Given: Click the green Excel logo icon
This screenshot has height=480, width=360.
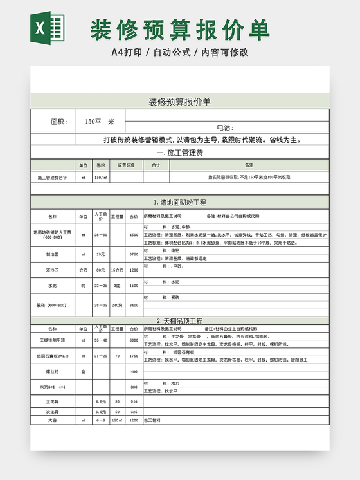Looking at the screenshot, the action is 48,29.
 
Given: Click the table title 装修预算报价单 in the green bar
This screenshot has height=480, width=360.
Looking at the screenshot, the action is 179,102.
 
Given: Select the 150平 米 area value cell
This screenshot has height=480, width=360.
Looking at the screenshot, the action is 99,122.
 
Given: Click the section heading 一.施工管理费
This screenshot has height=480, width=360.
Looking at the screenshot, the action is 179,152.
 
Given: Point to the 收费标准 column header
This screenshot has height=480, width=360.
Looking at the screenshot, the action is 126,165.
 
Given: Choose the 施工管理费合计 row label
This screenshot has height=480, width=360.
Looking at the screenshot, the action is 52,177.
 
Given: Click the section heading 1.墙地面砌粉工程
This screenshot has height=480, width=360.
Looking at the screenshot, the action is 179,203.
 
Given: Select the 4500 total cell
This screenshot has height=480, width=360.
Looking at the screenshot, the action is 134,235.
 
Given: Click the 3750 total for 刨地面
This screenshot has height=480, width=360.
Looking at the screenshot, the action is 134,255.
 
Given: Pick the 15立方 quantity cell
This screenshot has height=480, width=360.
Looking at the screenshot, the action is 117,270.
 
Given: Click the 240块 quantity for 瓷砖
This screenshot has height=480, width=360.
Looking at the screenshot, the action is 117,305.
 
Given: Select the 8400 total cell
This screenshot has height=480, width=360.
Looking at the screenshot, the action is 134,305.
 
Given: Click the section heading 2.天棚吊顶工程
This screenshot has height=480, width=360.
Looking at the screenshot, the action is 179,320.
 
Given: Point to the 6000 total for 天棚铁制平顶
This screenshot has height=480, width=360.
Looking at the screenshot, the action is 134,340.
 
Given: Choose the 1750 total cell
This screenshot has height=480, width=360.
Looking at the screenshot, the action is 134,356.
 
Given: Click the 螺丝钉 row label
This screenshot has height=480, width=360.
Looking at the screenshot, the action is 52,371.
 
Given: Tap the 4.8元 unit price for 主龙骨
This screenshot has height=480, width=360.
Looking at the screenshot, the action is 100,401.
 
